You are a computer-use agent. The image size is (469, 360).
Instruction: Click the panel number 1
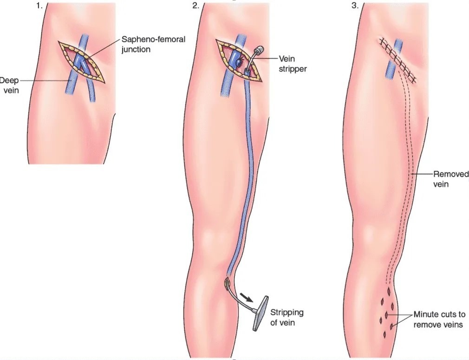coord(39,6)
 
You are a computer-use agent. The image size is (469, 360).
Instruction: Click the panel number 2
coord(195,6)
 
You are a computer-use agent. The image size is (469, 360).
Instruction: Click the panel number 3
coord(355,6)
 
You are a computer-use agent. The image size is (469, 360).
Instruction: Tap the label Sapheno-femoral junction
coord(153,44)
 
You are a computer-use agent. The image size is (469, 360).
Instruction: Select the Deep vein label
coord(9,85)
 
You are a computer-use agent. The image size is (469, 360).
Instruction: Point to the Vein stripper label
coord(293,64)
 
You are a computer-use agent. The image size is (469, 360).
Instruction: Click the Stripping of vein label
coord(287,318)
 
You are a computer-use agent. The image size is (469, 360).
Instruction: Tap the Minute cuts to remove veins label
coord(439,319)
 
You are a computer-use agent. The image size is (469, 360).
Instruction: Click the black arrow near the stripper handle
coord(247,297)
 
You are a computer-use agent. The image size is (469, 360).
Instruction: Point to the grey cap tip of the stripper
coord(259,49)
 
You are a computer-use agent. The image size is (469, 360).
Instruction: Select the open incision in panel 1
coord(81,62)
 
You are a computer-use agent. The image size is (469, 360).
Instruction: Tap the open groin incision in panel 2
coord(238,60)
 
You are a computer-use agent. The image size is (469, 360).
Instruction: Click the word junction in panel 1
coord(136,49)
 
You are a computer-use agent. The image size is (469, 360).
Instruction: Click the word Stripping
coord(287,313)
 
